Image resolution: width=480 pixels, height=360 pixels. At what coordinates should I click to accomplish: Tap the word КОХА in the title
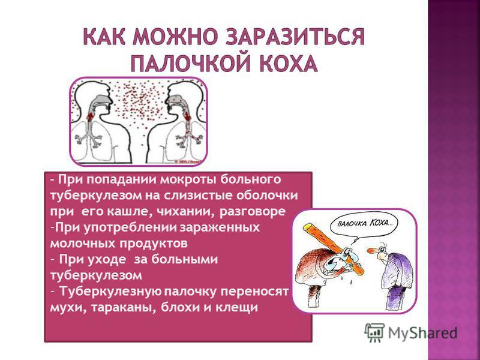pyautogui.click(x=287, y=63)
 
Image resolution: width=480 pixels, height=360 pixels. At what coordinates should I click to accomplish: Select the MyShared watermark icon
pyautogui.click(x=374, y=332)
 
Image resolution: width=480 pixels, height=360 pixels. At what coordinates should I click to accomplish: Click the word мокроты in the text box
pyautogui.click(x=188, y=179)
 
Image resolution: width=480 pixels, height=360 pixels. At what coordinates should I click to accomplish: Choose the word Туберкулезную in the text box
pyautogui.click(x=110, y=292)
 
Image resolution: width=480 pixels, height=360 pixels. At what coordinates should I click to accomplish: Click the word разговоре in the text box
pyautogui.click(x=253, y=212)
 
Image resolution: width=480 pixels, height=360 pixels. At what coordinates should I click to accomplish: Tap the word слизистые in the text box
pyautogui.click(x=197, y=196)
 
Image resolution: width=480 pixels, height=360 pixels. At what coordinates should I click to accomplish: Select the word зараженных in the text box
pyautogui.click(x=220, y=228)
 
